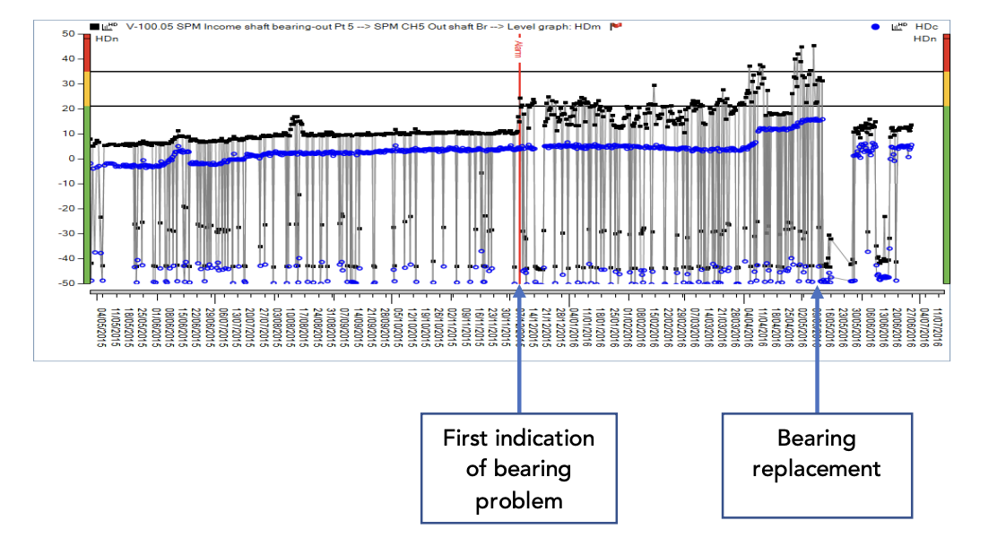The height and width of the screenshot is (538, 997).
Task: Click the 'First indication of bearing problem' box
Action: click(x=518, y=467)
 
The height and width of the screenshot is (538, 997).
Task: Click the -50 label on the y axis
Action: click(x=65, y=282)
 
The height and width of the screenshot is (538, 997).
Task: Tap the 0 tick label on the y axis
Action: click(x=71, y=158)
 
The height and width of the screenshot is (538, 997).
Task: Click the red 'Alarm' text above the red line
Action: click(x=517, y=47)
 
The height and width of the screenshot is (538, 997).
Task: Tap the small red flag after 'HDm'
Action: click(x=616, y=26)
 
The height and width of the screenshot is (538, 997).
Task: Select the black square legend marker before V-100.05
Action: click(x=92, y=27)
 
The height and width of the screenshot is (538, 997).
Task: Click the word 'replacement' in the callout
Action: click(x=817, y=467)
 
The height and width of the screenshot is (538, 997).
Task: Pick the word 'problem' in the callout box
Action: click(x=518, y=499)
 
